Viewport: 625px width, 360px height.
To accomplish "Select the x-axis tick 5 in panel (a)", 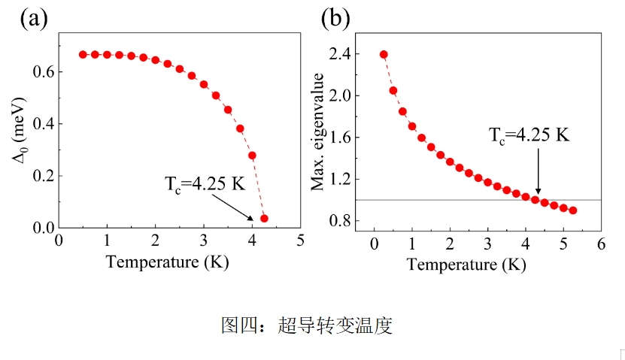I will click(x=299, y=241).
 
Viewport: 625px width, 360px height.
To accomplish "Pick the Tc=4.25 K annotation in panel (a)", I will click(x=205, y=183).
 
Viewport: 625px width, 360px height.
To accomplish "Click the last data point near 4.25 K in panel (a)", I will click(x=264, y=219).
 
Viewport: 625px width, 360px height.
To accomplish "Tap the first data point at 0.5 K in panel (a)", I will click(x=83, y=55).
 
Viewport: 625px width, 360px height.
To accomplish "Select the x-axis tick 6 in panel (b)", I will click(x=600, y=244).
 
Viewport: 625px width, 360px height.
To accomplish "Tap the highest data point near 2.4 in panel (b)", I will click(x=384, y=54).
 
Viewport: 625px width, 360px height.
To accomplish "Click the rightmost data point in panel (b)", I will click(x=573, y=210).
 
